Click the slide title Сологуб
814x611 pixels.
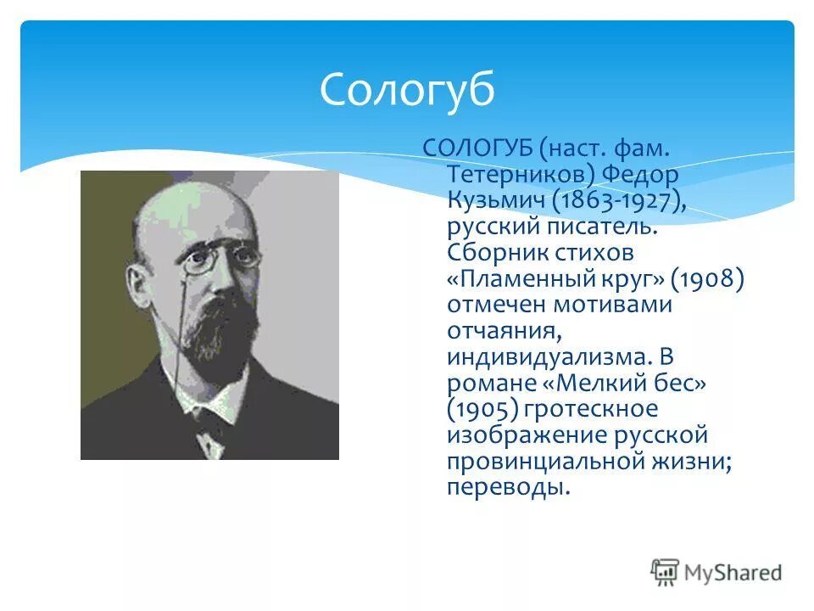click(x=407, y=89)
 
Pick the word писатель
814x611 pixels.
click(x=603, y=227)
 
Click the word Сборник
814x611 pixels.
click(x=494, y=253)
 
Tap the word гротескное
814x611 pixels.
click(x=590, y=409)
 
